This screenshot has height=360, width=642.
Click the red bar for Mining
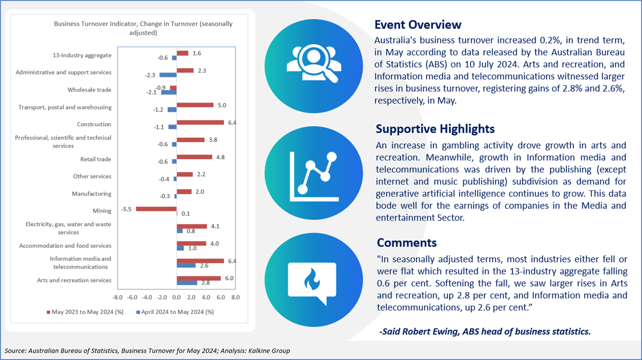156,209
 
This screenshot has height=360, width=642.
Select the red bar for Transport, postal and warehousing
195,105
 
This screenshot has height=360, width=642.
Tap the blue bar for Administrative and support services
168,75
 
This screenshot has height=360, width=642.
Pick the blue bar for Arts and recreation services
187,283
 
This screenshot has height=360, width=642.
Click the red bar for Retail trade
194,157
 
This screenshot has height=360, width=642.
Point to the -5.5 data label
126,209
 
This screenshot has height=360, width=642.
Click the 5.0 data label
222,105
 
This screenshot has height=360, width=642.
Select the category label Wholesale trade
89,90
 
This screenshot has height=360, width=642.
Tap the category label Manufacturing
91,194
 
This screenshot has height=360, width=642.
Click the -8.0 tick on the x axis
117,297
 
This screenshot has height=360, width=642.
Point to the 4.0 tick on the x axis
206,297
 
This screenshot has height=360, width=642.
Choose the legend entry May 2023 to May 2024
85,312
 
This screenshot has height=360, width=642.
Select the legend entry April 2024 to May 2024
175,312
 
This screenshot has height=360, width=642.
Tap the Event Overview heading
418,25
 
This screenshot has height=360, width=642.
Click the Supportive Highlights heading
435,129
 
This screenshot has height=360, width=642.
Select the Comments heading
407,243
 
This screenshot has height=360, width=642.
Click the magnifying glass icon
317,63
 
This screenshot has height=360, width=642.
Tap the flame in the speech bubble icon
312,279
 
